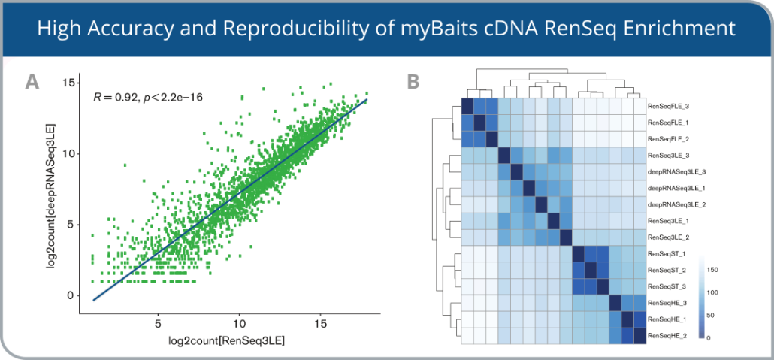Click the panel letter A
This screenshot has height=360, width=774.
pyautogui.click(x=32, y=82)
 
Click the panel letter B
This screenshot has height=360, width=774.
pyautogui.click(x=413, y=82)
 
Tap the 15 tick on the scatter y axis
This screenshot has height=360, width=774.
pyautogui.click(x=71, y=83)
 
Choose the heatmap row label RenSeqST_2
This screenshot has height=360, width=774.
pyautogui.click(x=666, y=270)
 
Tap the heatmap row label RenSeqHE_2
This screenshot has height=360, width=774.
pyautogui.click(x=666, y=335)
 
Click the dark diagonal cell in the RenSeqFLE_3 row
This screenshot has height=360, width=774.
pyautogui.click(x=467, y=107)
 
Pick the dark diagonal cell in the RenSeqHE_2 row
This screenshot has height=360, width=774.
pyautogui.click(x=639, y=335)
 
